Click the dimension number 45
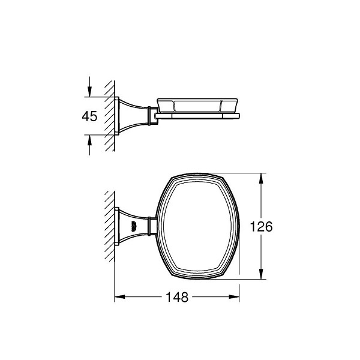89,116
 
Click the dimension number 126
261,226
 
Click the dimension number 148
177,297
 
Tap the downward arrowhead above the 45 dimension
89,91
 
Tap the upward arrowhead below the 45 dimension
89,140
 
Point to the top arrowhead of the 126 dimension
261,178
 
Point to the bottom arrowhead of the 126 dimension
261,274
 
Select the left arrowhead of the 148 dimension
119,297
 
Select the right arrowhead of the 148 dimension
234,297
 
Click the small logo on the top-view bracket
133,226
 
